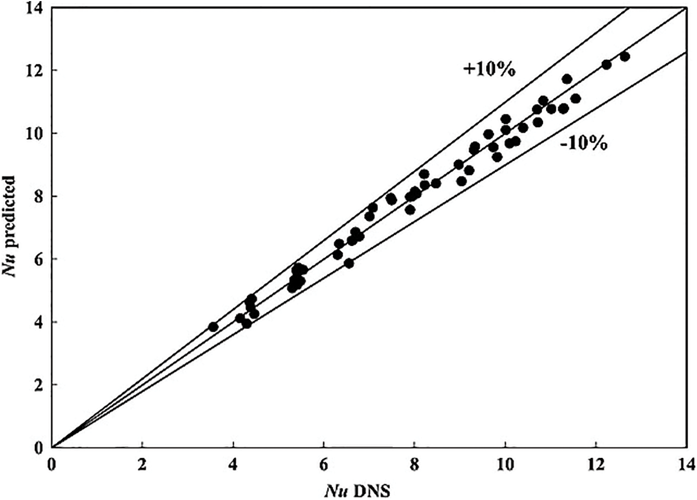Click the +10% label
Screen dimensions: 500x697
(x=490, y=69)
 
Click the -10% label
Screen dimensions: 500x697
(x=584, y=145)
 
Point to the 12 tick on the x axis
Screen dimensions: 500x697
(x=596, y=462)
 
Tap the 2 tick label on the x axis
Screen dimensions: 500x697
(x=143, y=462)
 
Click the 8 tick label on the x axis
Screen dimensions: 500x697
(x=414, y=462)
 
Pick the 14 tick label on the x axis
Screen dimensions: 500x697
(x=686, y=462)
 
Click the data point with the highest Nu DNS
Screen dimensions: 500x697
(x=624, y=56)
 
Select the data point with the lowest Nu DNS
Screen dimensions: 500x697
(x=213, y=327)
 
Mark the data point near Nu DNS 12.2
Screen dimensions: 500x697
(x=606, y=64)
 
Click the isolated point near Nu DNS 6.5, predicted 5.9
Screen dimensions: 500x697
(x=349, y=263)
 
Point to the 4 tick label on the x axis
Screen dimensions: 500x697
(x=233, y=462)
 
